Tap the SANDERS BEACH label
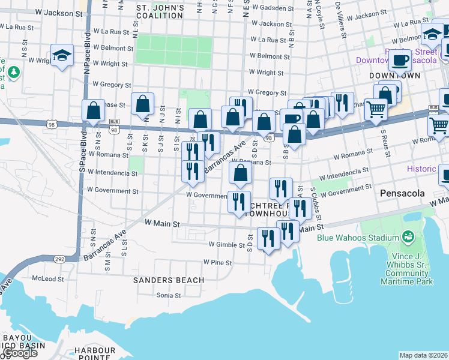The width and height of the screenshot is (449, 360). [x=169, y=280]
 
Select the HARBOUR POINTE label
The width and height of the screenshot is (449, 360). [x=95, y=354]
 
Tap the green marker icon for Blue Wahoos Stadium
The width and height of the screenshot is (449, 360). [x=408, y=236]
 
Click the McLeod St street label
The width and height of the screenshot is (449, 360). [x=47, y=278]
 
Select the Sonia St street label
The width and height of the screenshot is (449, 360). [x=169, y=295]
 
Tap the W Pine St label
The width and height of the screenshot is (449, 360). [x=217, y=262]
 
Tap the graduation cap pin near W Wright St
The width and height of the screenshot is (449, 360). [x=61, y=56]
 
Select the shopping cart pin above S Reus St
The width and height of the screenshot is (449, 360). [x=376, y=109]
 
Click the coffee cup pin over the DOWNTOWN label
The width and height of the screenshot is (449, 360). [x=400, y=59]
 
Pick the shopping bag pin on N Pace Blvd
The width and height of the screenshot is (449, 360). [x=93, y=110]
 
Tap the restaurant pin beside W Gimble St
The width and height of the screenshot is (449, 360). [x=268, y=238]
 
